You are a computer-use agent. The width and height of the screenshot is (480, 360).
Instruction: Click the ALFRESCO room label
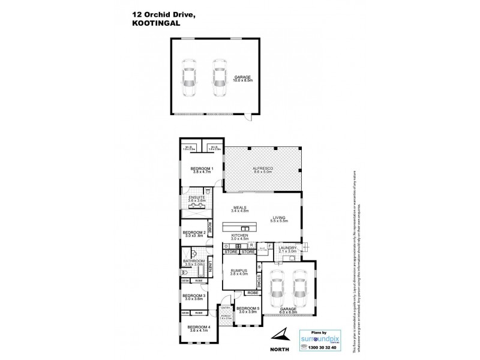click(263, 168)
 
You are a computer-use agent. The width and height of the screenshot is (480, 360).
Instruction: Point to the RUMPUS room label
click(239, 271)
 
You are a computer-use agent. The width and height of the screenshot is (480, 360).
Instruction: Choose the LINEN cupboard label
click(211, 266)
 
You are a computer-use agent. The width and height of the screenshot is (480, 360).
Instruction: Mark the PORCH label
click(225, 316)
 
